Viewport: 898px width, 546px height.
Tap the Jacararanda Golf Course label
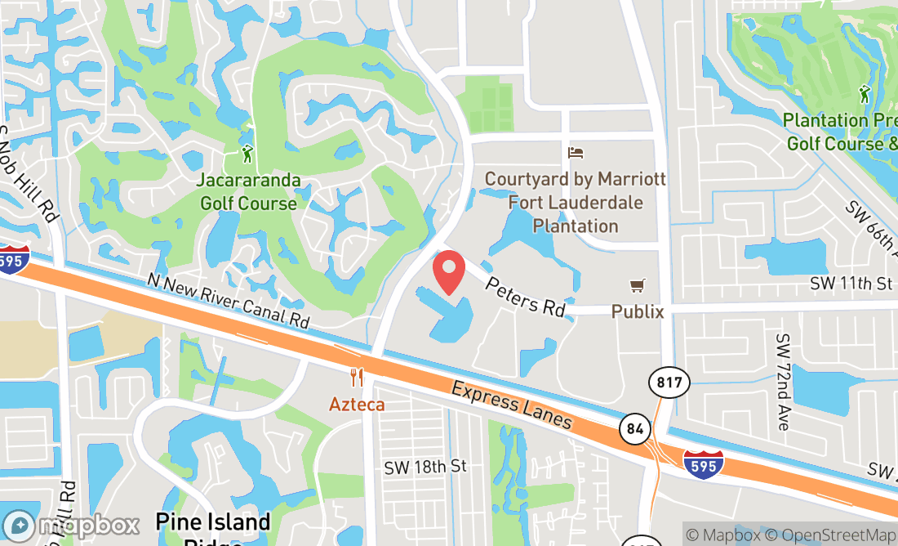pos(249,191)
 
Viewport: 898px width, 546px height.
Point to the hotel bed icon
pos(576,153)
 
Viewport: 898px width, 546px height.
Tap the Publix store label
pos(638,311)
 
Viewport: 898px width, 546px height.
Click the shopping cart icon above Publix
pos(638,285)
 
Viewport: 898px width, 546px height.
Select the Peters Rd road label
pos(525,295)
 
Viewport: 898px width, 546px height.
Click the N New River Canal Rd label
pos(229,301)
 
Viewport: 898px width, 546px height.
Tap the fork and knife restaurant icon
pos(357,377)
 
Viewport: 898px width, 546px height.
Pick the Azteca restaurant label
pos(357,404)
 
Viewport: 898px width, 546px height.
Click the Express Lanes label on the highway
pos(511,405)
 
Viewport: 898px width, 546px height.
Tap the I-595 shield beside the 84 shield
pos(702,463)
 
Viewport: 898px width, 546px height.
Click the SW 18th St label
pos(425,466)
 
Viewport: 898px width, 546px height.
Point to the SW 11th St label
pos(851,284)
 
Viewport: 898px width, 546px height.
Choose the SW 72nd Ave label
pos(784,382)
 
